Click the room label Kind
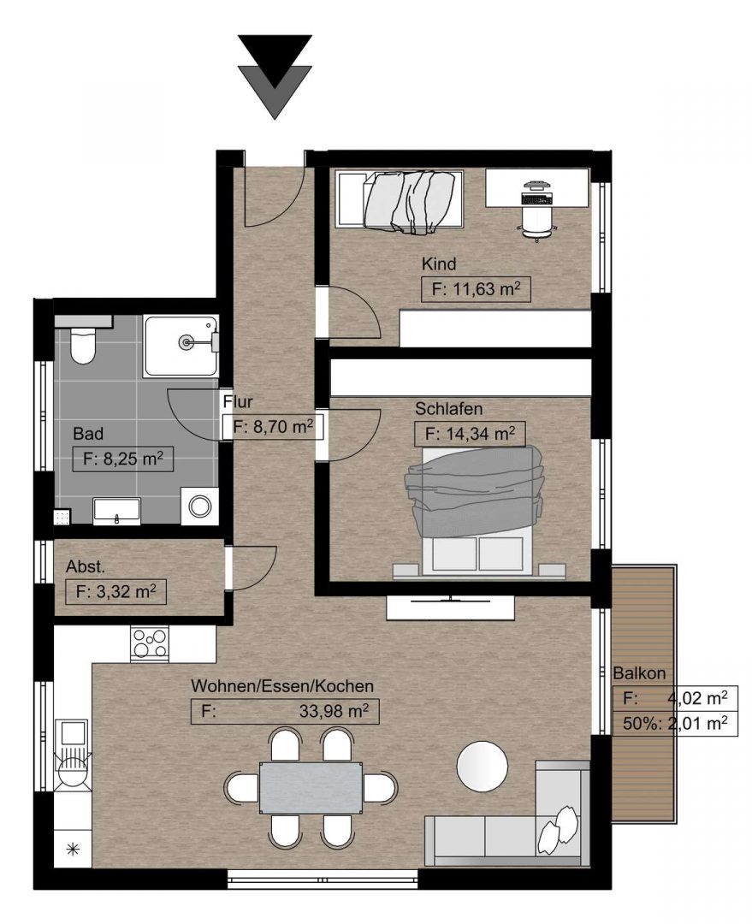coord(439,264)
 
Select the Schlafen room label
coord(448,408)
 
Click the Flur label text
coord(238,402)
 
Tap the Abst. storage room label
coord(86,567)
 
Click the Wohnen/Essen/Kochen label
coord(282,686)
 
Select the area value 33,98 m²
coord(334,711)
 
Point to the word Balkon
coord(639,673)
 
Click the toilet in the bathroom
coord(82,346)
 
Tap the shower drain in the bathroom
coord(187,341)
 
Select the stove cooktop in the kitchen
coord(150,643)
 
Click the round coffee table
coord(482,766)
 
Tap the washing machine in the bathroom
coord(200,506)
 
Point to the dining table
coord(311,788)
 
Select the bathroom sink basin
coord(116,510)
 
